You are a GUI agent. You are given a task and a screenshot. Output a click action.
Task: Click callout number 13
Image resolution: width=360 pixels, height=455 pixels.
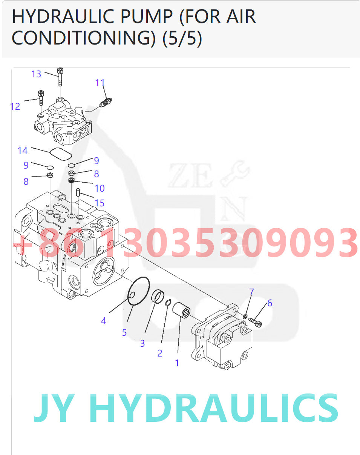pos(36,74)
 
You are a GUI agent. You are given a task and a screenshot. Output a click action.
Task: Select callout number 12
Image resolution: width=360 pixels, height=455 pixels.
pos(15,106)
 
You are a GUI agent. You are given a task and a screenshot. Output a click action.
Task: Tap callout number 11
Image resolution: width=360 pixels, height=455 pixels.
pos(100,83)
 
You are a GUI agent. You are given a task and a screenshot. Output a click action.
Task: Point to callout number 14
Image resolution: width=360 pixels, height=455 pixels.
pos(23,151)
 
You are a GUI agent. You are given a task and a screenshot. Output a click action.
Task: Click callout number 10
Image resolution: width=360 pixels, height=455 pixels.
pos(100,188)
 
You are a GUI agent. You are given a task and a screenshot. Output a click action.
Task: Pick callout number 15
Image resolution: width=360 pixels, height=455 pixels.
pos(100,203)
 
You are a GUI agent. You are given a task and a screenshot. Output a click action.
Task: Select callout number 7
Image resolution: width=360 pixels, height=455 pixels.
pos(251,292)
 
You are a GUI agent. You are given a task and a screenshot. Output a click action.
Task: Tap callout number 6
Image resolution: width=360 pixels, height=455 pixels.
pos(270,303)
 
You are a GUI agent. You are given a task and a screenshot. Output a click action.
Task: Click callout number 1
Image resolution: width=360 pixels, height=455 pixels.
pos(177,363)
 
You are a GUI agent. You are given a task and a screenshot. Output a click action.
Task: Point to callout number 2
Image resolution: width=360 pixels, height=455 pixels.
pos(160,353)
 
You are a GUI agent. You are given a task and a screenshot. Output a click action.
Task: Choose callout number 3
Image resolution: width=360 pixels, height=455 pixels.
pos(142,343)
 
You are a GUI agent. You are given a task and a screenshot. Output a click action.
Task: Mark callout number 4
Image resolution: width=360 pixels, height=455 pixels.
pos(104,321)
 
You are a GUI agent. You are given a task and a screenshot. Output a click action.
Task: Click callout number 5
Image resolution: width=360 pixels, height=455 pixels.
pos(124,332)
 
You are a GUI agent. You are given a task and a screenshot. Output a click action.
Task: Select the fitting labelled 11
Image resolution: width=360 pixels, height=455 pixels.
pos(106,102)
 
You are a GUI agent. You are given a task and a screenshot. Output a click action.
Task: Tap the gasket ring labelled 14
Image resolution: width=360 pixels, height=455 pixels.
pos(61,153)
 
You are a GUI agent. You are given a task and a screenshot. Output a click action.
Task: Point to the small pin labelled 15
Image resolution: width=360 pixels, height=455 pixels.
pos(78,192)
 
